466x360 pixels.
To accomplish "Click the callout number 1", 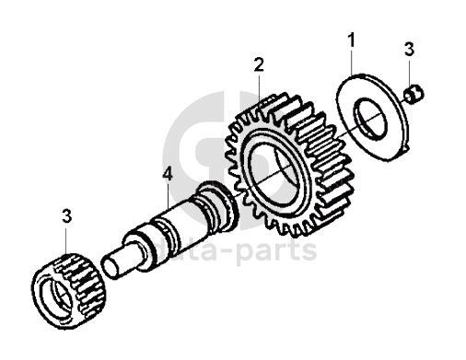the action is coord(351,41).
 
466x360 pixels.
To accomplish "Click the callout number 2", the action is coord(259,64).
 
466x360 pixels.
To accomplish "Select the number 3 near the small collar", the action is coord(409,49).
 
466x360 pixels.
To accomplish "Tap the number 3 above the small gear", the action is coord(66,216).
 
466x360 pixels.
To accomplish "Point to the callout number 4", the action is coord(168,174).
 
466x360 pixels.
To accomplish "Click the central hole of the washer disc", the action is coord(370,117).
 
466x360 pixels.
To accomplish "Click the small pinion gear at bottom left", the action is coord(69,291).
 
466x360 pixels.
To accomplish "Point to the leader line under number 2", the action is coord(260,87).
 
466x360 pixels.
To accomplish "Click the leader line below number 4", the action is coord(168,196).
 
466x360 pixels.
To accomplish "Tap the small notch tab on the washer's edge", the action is coord(405,149).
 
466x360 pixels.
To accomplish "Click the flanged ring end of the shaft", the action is coord(218,205).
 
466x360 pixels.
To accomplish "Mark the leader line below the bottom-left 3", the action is coord(66,241).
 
